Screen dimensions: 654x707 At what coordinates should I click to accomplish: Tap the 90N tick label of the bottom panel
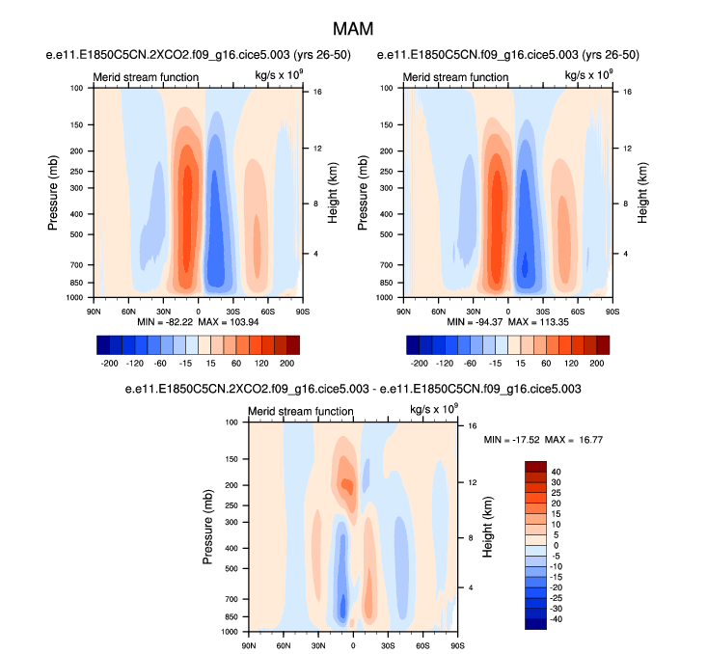pos(249,643)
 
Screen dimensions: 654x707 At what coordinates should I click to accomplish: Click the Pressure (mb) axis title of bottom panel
pos(209,527)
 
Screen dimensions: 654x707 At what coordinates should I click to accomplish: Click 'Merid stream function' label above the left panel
pos(146,77)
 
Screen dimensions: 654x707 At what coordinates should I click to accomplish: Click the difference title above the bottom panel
pos(353,389)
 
